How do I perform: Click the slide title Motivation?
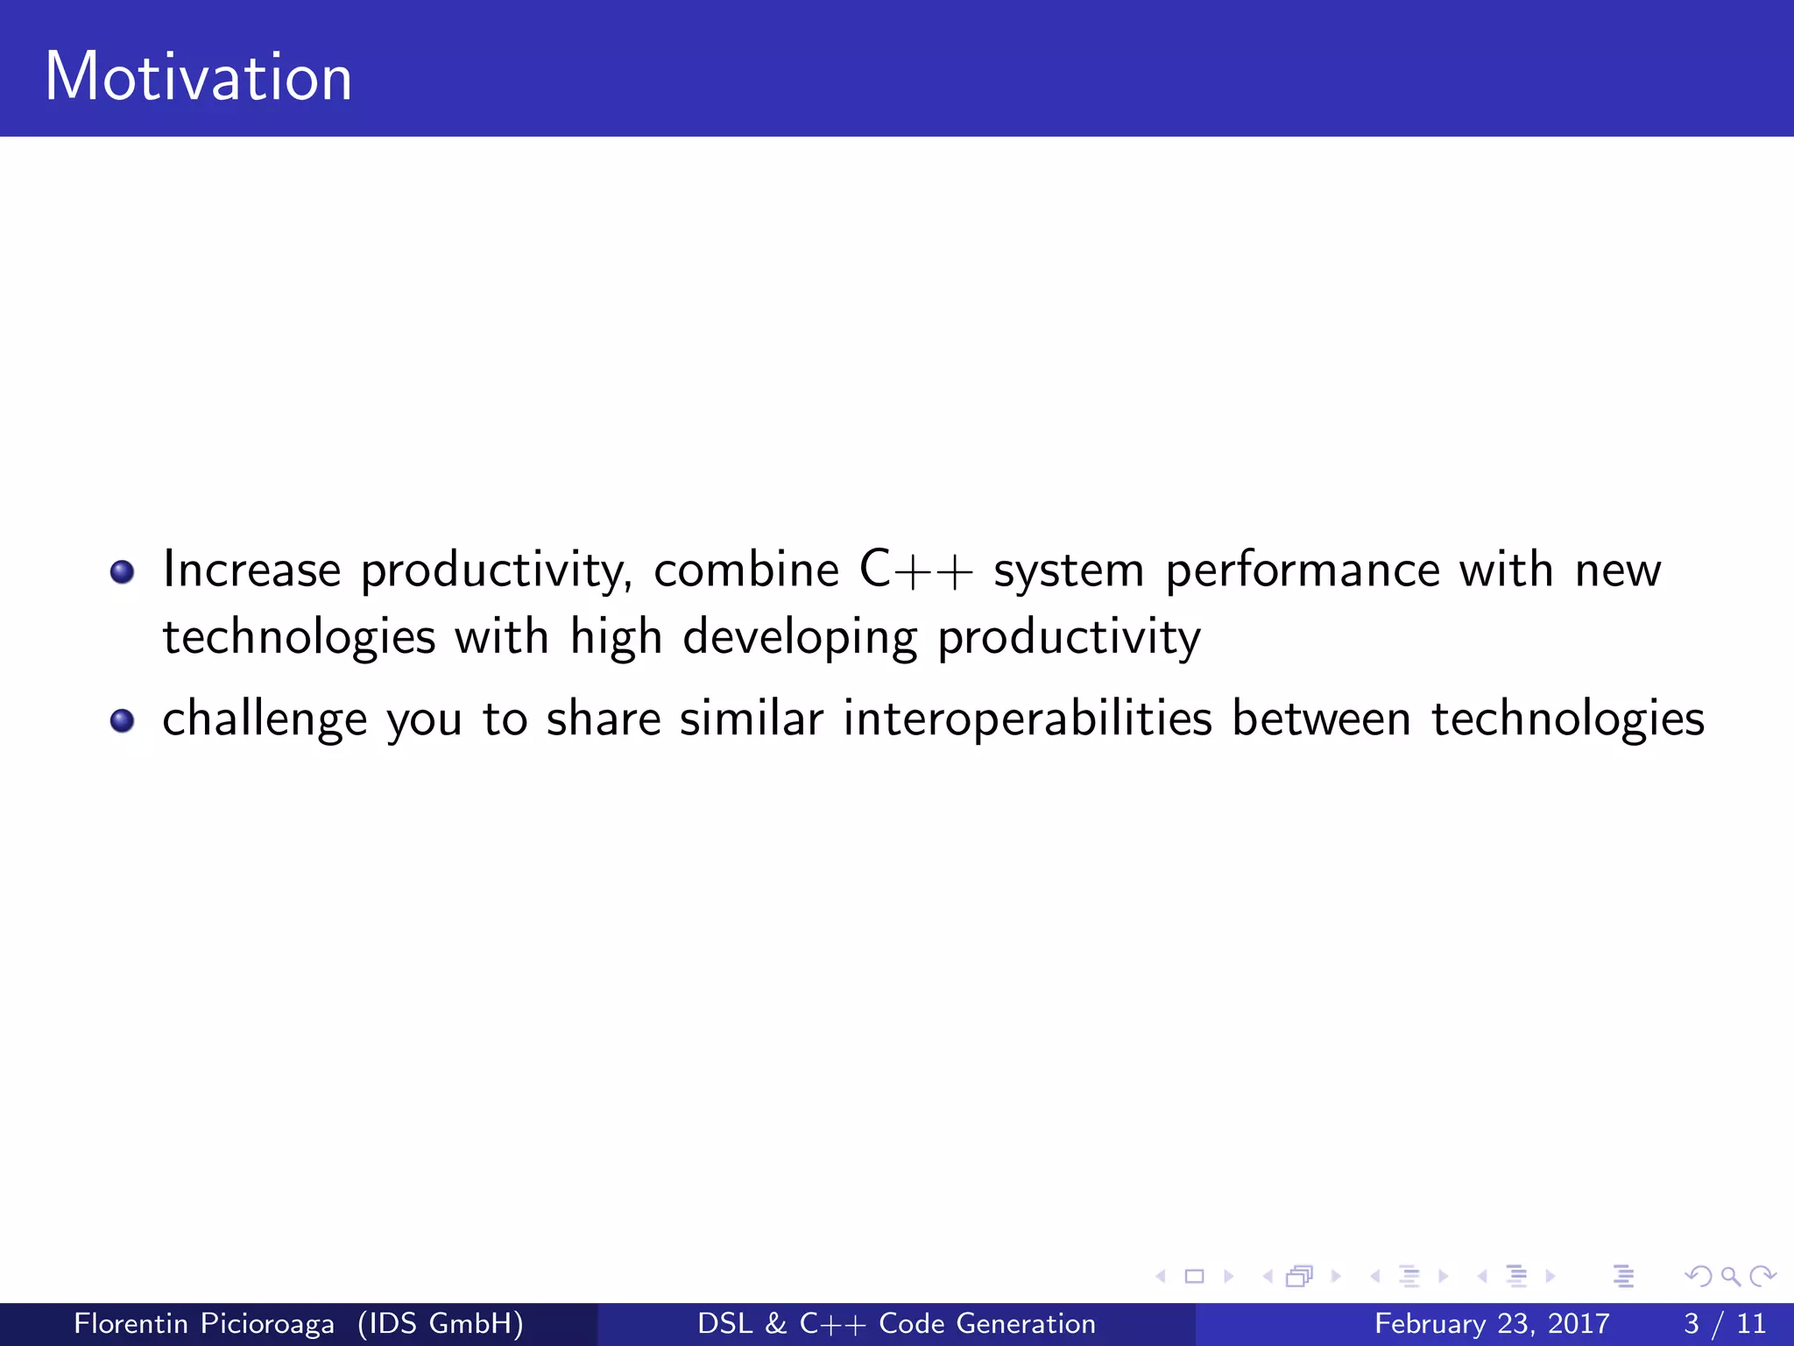point(198,77)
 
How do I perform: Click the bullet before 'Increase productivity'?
point(122,572)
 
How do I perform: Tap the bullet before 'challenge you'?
point(122,720)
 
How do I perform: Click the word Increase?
point(252,570)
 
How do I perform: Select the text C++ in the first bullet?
point(915,570)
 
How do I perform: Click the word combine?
point(746,570)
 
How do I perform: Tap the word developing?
point(800,638)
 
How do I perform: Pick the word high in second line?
point(616,636)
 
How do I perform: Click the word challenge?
point(265,720)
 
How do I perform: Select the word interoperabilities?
point(1028,720)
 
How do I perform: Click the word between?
point(1321,719)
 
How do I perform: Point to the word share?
point(604,719)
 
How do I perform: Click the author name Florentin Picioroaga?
point(204,1323)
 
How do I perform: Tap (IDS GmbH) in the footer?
point(441,1323)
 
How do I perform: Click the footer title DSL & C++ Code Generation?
point(896,1323)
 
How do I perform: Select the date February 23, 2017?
point(1492,1323)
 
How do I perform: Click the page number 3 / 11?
point(1724,1323)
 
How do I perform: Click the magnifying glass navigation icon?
point(1730,1276)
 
